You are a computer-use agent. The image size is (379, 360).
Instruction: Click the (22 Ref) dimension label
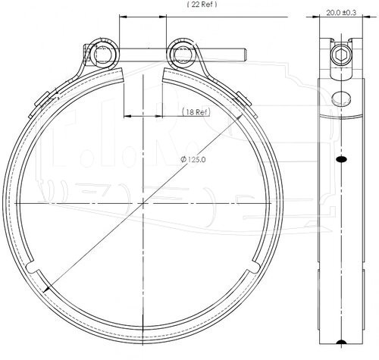202,5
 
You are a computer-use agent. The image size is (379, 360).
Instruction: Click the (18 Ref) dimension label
196,111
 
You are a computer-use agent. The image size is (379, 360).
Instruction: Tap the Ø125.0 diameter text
193,159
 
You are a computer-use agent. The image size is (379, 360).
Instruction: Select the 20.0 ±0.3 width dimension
341,13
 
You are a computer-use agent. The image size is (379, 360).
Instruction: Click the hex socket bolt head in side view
341,55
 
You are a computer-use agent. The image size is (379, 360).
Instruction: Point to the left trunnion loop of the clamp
104,54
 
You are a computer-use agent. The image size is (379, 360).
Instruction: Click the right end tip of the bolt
246,55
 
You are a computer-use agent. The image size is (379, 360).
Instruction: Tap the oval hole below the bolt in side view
341,98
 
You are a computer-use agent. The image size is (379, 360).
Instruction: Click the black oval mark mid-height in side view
341,159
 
